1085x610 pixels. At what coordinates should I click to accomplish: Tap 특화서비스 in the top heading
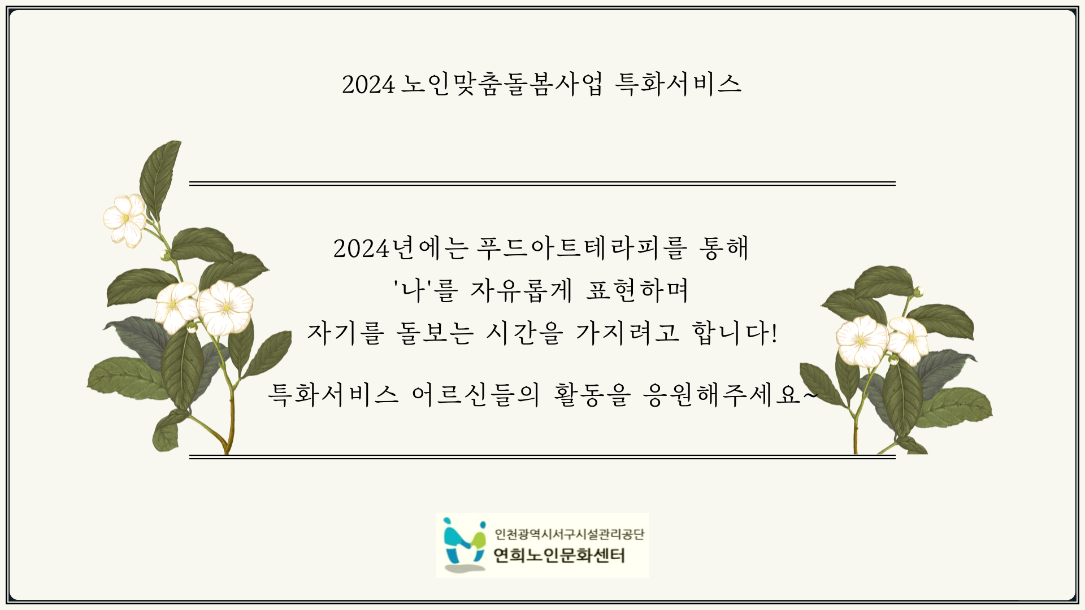[678, 85]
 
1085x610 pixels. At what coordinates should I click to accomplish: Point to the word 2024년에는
[401, 249]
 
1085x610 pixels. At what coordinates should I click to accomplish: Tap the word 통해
[724, 249]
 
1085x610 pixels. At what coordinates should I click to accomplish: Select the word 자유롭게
[521, 291]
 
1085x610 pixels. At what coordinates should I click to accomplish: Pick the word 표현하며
[637, 291]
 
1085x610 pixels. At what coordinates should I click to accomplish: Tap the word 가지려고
[627, 333]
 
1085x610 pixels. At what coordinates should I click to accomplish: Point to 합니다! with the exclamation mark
[735, 333]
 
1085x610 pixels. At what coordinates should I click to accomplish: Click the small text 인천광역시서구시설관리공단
[570, 534]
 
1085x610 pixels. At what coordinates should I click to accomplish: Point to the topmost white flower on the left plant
[125, 219]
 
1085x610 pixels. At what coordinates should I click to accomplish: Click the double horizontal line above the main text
[542, 184]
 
